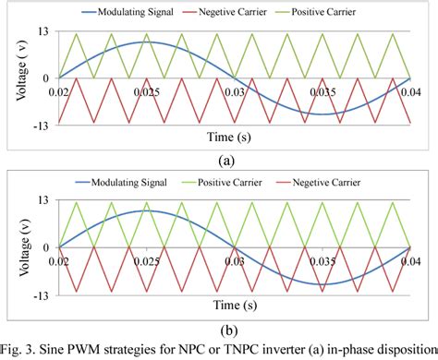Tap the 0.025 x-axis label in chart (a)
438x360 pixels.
coord(145,93)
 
